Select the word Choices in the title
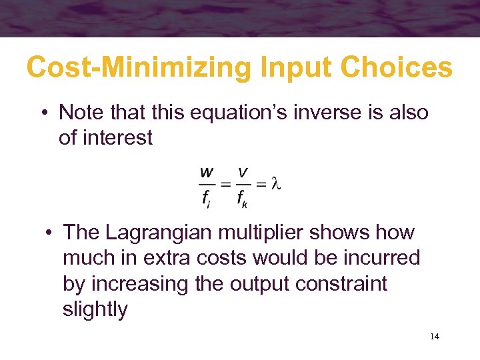click(x=399, y=67)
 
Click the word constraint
click(x=342, y=283)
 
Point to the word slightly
click(x=95, y=309)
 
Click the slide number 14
click(x=434, y=337)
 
